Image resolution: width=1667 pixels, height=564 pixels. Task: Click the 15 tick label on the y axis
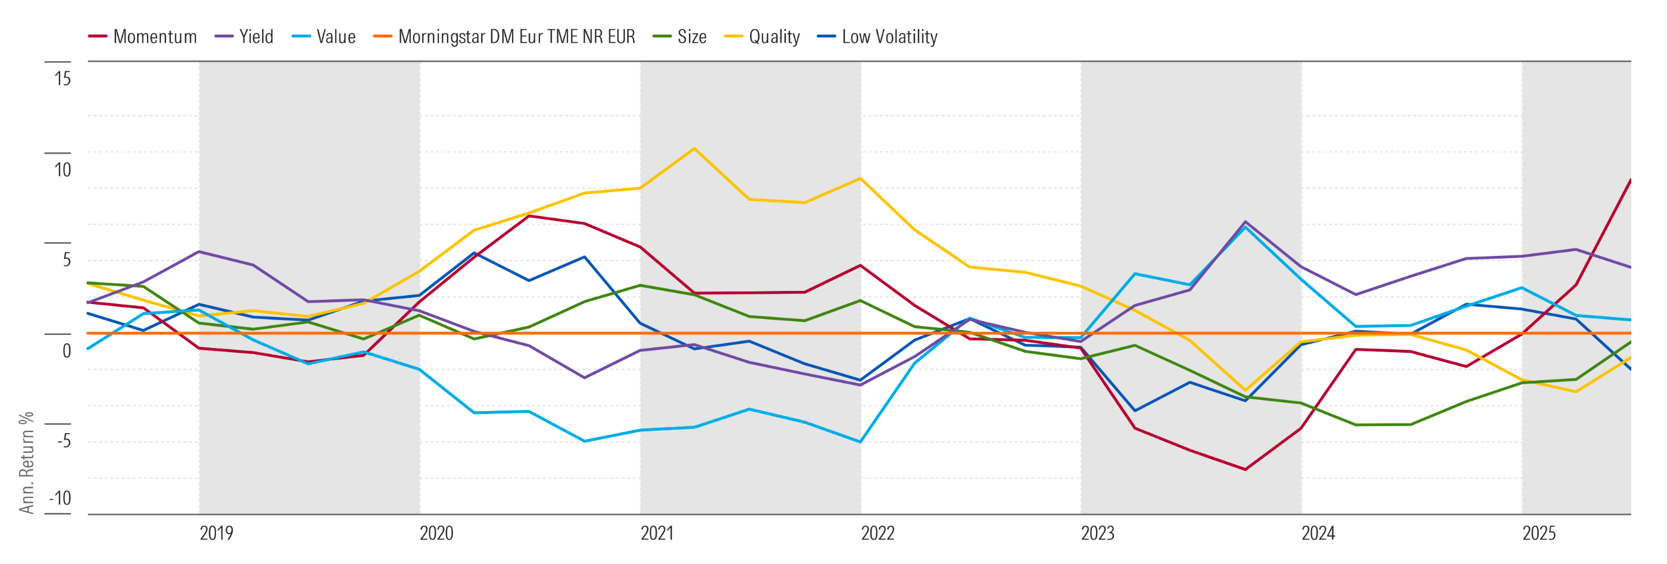[63, 79]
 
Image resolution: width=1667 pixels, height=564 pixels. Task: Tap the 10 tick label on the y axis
[63, 170]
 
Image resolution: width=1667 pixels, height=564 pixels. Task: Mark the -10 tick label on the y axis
[61, 498]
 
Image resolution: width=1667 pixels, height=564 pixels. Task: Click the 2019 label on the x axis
[216, 534]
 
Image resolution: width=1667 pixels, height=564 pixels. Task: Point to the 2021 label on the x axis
[657, 534]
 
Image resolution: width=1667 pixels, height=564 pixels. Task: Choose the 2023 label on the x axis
[1097, 534]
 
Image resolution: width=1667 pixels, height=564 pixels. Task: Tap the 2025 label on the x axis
[1538, 534]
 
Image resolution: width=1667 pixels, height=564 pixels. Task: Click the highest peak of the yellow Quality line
[694, 149]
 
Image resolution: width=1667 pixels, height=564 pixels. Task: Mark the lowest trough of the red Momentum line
[1245, 469]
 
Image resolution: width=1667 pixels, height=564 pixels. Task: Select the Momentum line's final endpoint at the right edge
[1630, 180]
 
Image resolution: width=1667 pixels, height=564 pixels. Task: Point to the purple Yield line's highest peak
[1245, 222]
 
